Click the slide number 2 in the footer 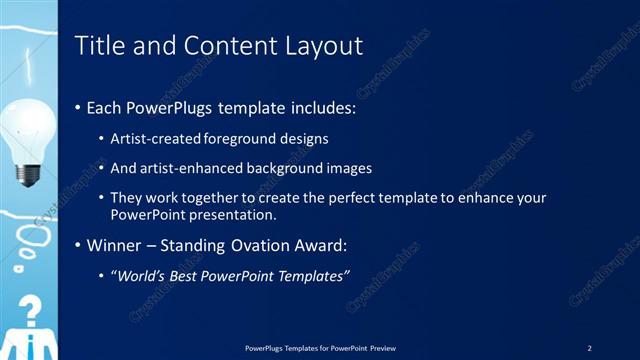click(x=589, y=347)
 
